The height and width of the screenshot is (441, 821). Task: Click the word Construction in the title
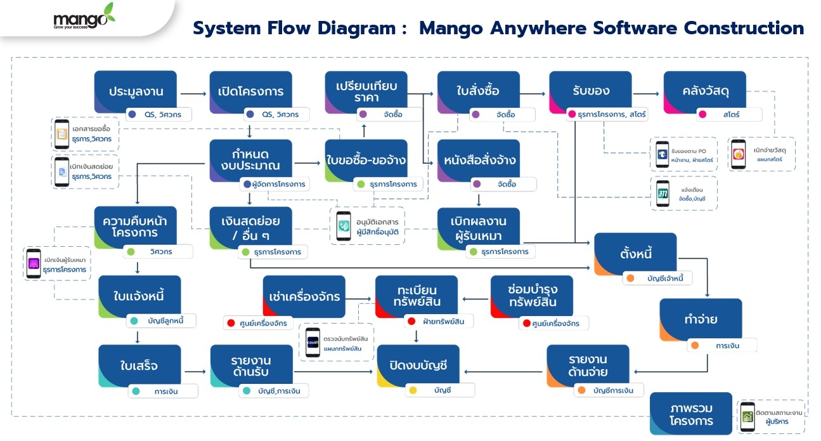pos(742,29)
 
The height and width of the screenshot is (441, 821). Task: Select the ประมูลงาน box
pos(135,91)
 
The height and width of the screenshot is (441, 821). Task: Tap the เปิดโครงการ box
pos(250,91)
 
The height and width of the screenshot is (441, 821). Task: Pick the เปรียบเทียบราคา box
pos(366,91)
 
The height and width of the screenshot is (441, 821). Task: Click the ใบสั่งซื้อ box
pos(478,91)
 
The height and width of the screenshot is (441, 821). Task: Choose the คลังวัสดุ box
pos(704,91)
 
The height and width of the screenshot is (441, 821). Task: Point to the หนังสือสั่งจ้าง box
pos(478,160)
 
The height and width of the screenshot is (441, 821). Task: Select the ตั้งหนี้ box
pos(635,253)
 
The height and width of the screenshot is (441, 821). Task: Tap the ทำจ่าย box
pos(700,319)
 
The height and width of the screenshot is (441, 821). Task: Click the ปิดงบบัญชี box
pos(418,365)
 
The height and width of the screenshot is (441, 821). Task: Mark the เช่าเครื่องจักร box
pos(304,296)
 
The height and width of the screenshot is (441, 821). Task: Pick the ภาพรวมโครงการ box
pos(691,413)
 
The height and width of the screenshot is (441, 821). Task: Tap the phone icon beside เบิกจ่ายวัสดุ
pos(738,154)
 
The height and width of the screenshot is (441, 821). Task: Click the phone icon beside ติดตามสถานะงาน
pos(747,416)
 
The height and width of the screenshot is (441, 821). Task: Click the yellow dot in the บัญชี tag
pos(413,390)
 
